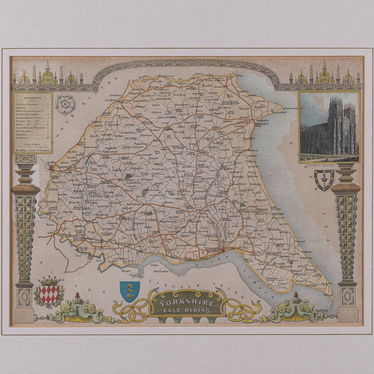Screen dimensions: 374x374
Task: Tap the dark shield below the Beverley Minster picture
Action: tap(324, 179)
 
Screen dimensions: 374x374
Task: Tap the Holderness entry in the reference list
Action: tap(22, 137)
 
